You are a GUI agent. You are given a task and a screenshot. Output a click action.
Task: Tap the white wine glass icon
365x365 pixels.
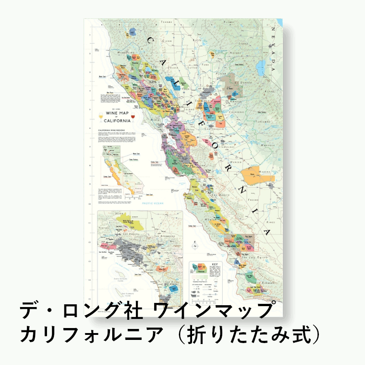[x=101, y=119]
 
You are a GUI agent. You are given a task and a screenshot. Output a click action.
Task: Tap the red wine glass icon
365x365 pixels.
[x=132, y=118]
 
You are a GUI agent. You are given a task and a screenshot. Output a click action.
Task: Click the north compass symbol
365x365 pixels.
[x=195, y=246]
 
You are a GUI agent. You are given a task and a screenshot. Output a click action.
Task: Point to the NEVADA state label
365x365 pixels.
[x=274, y=50]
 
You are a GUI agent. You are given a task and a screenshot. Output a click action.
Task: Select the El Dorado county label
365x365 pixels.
[x=241, y=83]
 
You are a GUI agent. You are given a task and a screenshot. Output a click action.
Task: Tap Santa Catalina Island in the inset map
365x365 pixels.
[x=118, y=279]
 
